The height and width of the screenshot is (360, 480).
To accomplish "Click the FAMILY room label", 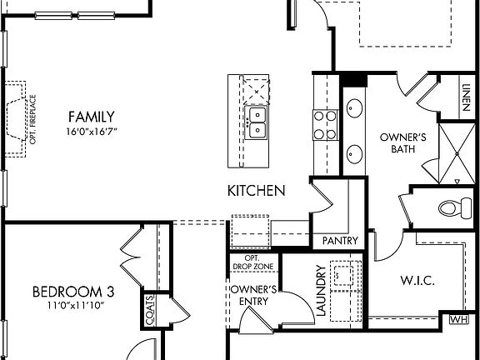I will (92, 117).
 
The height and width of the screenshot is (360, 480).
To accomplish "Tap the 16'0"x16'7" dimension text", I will (92, 132).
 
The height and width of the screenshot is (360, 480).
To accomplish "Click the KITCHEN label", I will (257, 191).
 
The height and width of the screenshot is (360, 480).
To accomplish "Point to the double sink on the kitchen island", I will (257, 121).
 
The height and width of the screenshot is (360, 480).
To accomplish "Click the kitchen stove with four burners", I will (323, 126).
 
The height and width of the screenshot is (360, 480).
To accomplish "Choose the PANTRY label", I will (340, 241).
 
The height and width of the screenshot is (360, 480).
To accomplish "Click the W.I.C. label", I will (417, 281).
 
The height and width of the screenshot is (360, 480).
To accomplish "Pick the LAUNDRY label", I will (321, 291).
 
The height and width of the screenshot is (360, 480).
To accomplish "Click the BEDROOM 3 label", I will (73, 292).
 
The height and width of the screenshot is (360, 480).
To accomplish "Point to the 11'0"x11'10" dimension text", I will (73, 306).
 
